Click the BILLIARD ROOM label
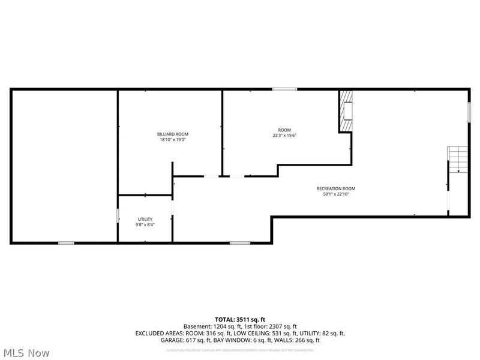pyautogui.click(x=173, y=134)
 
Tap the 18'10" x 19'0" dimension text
pyautogui.click(x=173, y=140)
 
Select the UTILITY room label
pyautogui.click(x=145, y=219)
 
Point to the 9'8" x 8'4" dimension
pyautogui.click(x=145, y=225)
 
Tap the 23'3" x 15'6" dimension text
pyautogui.click(x=284, y=136)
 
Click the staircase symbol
pyautogui.click(x=457, y=159)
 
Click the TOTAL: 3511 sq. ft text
pyautogui.click(x=239, y=319)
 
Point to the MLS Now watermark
pyautogui.click(x=26, y=353)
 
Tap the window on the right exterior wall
pyautogui.click(x=469, y=112)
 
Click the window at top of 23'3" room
pyautogui.click(x=284, y=89)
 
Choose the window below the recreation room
pyautogui.click(x=240, y=242)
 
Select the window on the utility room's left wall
pyautogui.click(x=118, y=216)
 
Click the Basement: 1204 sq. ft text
pyautogui.click(x=210, y=326)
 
